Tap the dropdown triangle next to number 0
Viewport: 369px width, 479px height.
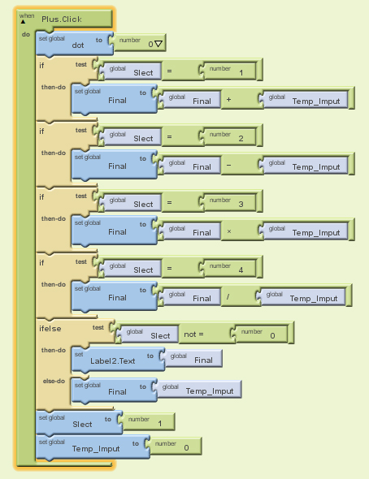pyautogui.click(x=158, y=44)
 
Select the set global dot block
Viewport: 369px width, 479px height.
pyautogui.click(x=75, y=43)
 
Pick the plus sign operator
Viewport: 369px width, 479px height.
pyautogui.click(x=228, y=100)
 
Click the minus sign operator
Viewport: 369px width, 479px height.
pyautogui.click(x=228, y=166)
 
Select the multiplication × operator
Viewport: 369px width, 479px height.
pyautogui.click(x=229, y=231)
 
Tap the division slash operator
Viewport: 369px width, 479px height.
pyautogui.click(x=228, y=296)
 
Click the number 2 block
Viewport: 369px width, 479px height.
pyautogui.click(x=230, y=136)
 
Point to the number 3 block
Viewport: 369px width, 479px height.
pyautogui.click(x=230, y=202)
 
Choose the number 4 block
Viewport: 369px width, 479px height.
pyautogui.click(x=230, y=268)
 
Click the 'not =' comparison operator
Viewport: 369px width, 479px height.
pyautogui.click(x=193, y=334)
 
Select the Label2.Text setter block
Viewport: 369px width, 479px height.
pyautogui.click(x=118, y=359)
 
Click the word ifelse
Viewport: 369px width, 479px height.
pyautogui.click(x=50, y=329)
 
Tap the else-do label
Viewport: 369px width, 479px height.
pyautogui.click(x=54, y=381)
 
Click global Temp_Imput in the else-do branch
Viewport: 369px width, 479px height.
pyautogui.click(x=200, y=389)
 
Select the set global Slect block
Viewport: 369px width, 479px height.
pyautogui.click(x=79, y=422)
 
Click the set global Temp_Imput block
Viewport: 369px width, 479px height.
pyautogui.click(x=93, y=447)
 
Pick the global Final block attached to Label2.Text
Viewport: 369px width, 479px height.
pyautogui.click(x=193, y=359)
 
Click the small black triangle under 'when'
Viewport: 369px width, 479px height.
pyautogui.click(x=23, y=22)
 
